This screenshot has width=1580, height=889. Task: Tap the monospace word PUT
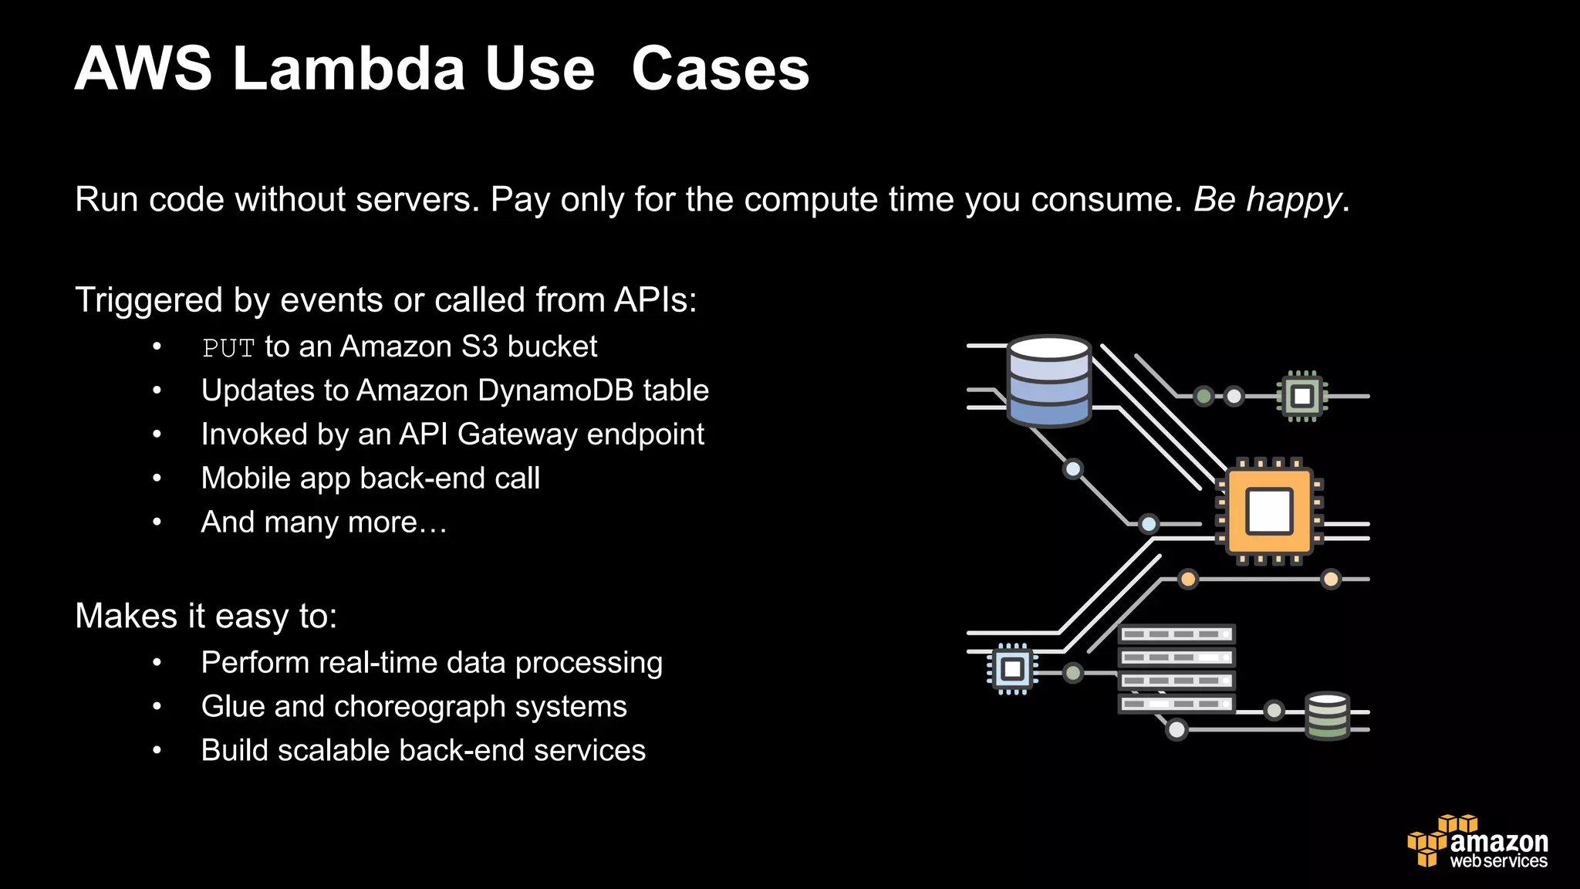(228, 348)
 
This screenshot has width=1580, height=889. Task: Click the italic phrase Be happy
(1268, 200)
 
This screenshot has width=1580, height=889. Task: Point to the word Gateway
(518, 434)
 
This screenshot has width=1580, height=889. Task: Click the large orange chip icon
(1269, 512)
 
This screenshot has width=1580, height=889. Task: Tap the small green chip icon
(1302, 397)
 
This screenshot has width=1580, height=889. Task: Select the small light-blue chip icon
(1012, 668)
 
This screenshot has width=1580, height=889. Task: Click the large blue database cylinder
(1049, 381)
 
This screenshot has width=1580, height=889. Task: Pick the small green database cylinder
(1327, 715)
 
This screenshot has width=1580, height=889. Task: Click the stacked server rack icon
(1177, 669)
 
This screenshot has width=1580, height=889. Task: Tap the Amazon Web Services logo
(1477, 843)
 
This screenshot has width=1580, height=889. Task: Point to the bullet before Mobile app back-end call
(157, 478)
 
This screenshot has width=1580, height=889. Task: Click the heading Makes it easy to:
(206, 616)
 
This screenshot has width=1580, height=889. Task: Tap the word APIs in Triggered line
(654, 300)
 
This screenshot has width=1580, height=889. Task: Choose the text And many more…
(324, 522)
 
